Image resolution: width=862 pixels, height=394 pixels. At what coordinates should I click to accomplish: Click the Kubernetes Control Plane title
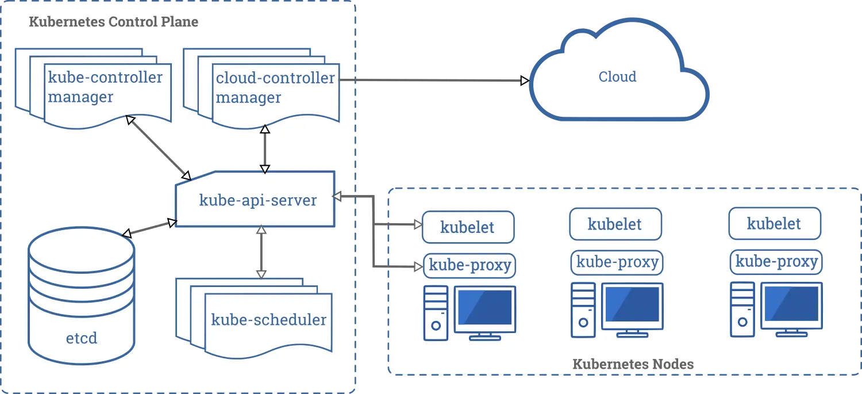114,21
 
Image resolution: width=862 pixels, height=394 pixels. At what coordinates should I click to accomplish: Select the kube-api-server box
255,199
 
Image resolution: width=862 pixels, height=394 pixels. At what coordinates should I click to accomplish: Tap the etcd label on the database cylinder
82,338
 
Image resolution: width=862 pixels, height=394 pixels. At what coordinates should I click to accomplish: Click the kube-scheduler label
268,320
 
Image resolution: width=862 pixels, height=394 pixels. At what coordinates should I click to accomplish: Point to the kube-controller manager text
105,87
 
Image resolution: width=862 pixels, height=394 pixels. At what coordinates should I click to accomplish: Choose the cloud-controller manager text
275,87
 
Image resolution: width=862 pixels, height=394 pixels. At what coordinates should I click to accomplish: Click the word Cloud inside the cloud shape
617,76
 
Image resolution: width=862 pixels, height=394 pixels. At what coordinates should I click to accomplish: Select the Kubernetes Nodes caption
633,364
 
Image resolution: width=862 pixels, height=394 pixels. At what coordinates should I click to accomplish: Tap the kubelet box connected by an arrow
468,227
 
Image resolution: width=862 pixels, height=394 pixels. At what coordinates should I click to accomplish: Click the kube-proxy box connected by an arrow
470,265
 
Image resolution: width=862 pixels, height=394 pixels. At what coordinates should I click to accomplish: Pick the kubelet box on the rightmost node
775,223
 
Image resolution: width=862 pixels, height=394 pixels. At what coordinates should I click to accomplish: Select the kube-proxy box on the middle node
617,262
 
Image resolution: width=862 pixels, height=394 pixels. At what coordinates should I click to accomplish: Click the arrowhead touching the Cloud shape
525,81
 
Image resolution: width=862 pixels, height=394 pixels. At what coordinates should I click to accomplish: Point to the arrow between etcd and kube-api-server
149,228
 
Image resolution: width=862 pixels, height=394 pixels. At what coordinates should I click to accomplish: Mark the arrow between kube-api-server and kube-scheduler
261,252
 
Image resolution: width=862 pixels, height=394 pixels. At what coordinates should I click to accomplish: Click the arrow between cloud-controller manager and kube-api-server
265,149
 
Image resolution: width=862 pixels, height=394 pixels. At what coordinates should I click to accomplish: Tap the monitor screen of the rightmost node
791,304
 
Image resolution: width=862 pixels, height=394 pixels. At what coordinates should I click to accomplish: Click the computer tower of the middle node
583,310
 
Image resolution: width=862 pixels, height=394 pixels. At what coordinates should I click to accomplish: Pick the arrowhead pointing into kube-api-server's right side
337,196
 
